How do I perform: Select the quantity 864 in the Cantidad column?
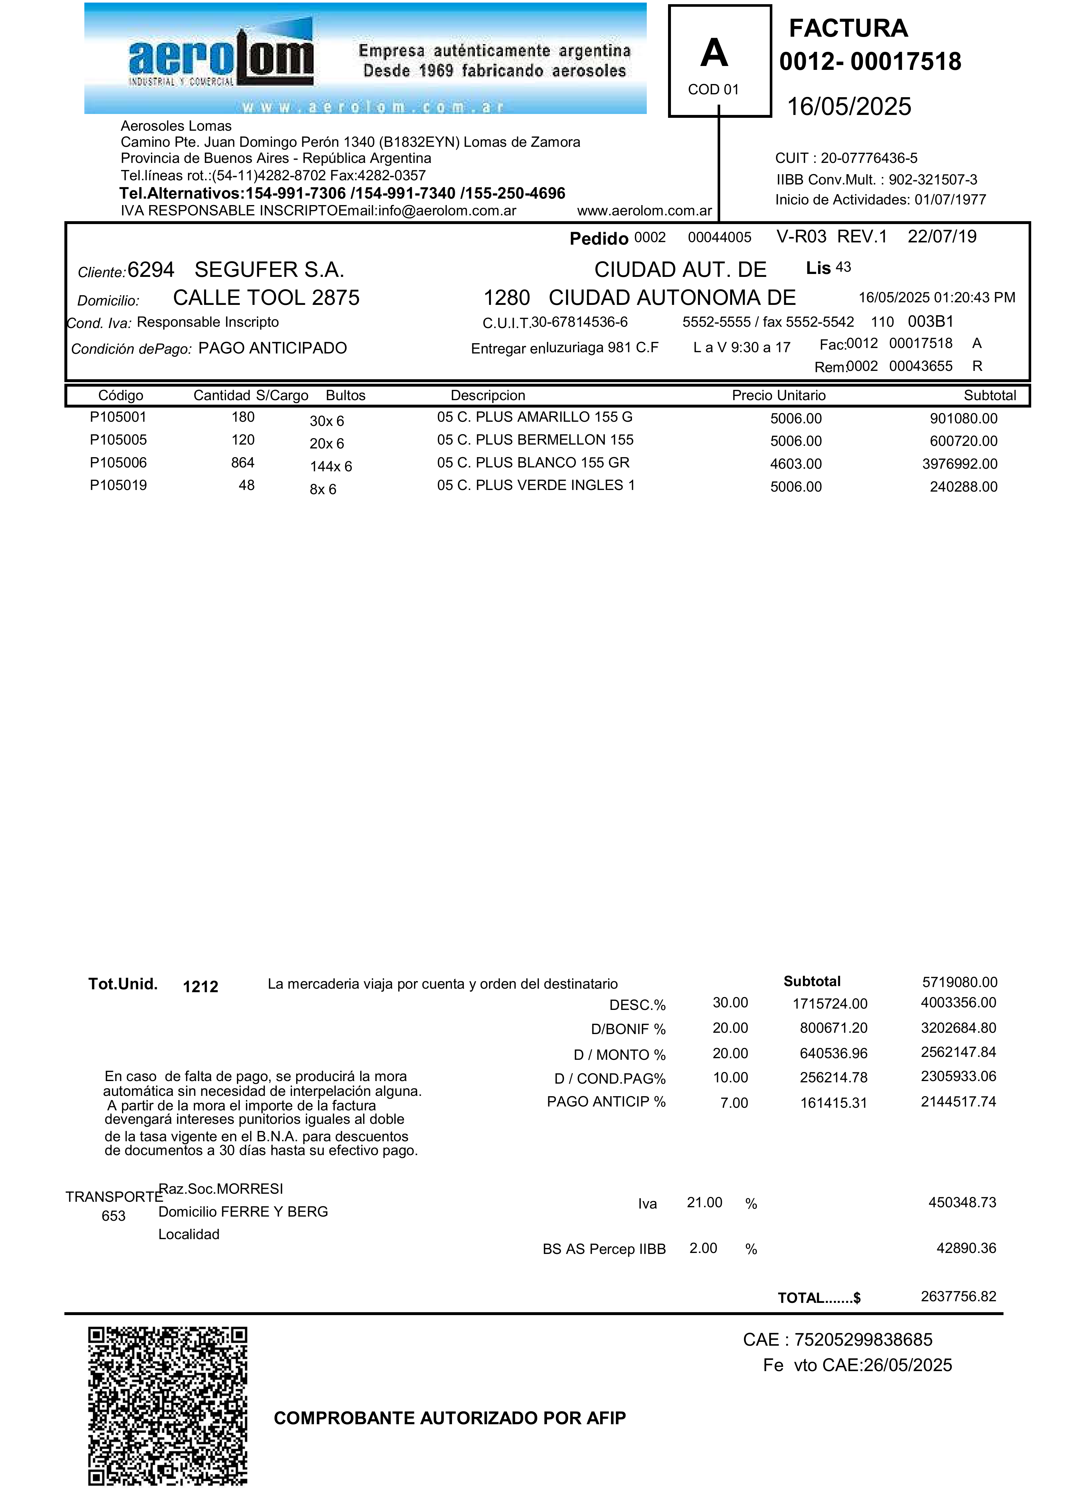point(243,463)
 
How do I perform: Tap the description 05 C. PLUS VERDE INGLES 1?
point(536,485)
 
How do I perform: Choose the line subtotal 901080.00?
point(963,419)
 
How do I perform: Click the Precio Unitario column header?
point(778,396)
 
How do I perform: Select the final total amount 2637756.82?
point(958,1296)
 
